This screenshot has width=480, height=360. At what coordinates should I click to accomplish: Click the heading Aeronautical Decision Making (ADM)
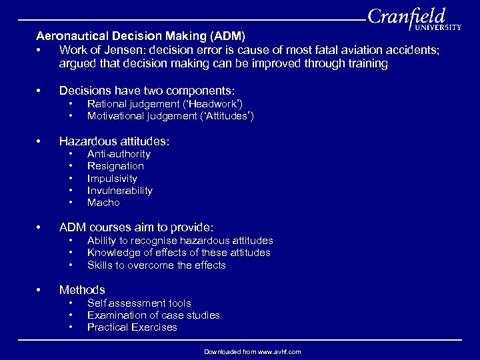(140, 35)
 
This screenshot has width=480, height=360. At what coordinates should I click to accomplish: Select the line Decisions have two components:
(147, 91)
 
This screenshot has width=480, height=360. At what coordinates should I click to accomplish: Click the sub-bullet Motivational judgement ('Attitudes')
(170, 115)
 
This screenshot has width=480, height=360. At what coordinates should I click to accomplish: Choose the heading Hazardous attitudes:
(114, 141)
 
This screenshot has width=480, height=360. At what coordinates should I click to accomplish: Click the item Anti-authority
(119, 154)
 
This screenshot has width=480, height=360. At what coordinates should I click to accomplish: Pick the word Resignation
(115, 166)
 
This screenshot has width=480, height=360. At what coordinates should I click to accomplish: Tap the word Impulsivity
(112, 179)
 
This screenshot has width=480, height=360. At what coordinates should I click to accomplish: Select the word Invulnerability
(120, 191)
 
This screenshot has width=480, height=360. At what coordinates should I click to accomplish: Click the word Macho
(103, 203)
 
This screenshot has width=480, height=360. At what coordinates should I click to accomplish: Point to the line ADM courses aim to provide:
(136, 228)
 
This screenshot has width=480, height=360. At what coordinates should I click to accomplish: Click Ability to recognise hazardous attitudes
(180, 241)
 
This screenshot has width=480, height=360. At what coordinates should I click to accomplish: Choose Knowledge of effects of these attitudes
(179, 253)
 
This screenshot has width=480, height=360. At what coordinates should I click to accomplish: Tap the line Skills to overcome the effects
(157, 265)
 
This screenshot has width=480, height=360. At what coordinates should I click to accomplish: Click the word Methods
(82, 290)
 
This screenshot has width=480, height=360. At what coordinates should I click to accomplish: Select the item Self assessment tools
(139, 303)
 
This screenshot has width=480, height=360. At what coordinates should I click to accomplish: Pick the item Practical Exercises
(132, 327)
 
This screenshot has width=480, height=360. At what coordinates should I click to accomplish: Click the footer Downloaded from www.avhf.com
(253, 351)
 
